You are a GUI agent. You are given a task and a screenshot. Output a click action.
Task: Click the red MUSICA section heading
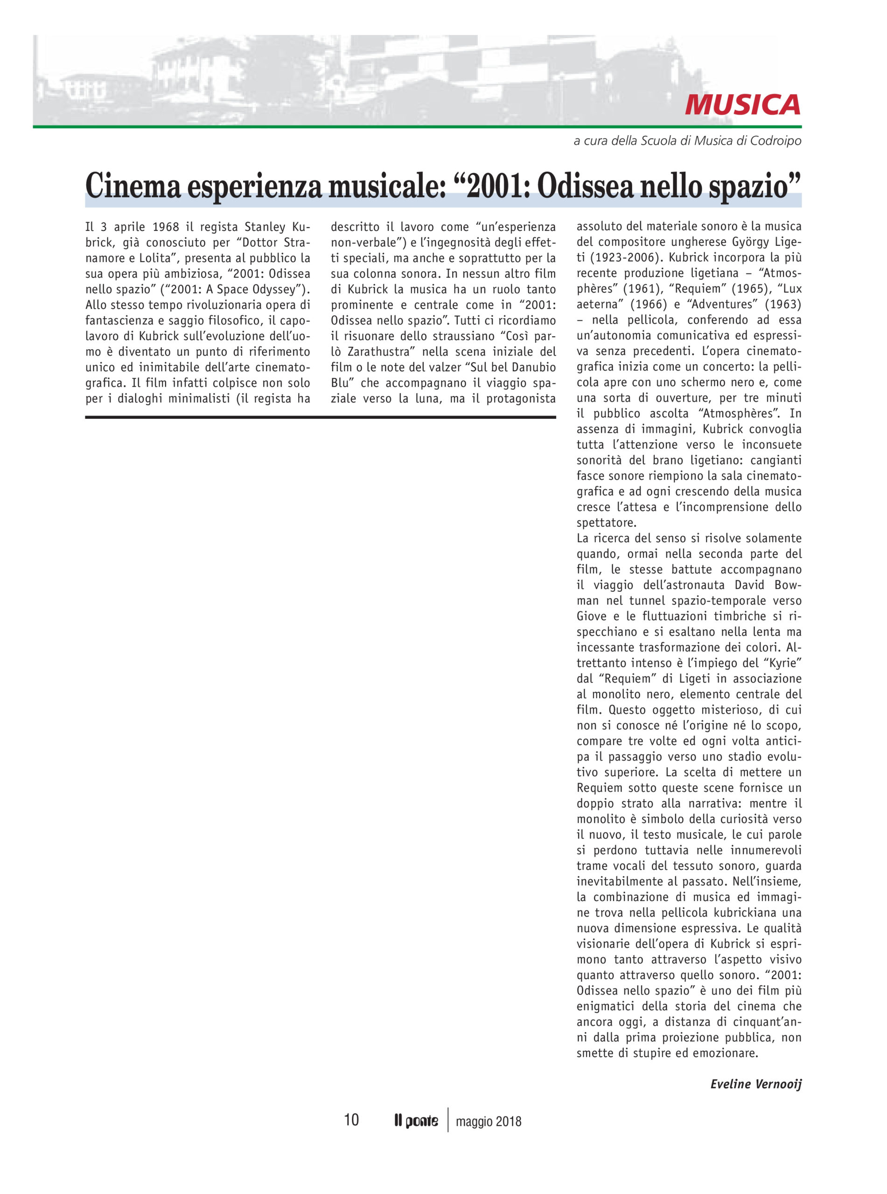point(742,104)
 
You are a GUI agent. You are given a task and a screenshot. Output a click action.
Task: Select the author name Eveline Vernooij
point(755,1084)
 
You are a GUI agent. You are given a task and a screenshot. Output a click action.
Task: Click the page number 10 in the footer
point(351,1120)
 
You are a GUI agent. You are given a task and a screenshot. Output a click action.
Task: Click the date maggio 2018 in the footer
point(488,1121)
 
